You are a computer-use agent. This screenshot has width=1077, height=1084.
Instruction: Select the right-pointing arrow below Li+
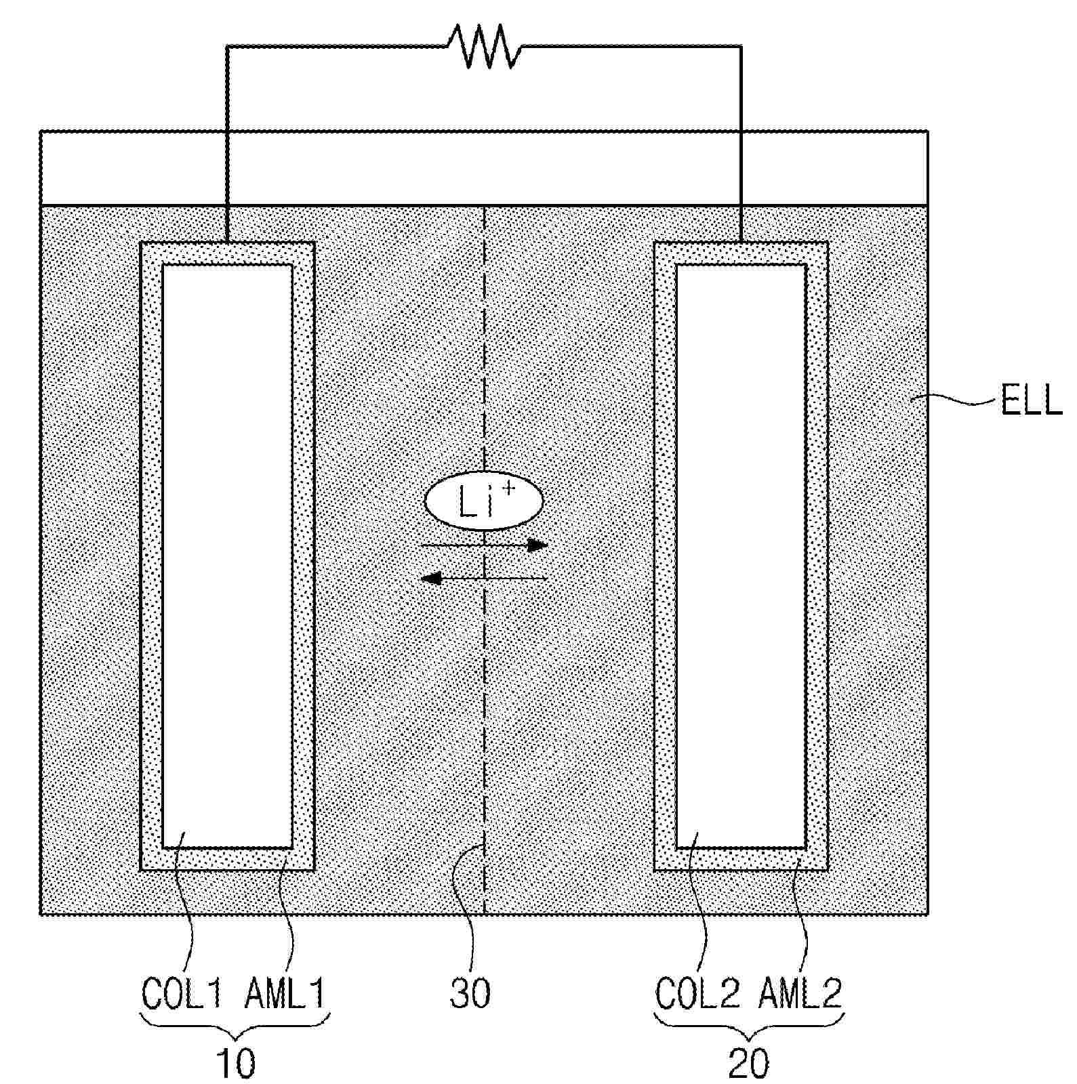[485, 545]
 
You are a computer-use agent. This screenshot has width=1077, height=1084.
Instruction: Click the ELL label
[1030, 401]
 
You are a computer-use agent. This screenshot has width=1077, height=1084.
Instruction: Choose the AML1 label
[285, 993]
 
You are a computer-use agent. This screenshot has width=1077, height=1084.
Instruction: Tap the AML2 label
[800, 993]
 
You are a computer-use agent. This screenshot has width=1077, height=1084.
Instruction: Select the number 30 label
[470, 993]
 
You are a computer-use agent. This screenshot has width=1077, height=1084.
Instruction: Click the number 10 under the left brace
[235, 1063]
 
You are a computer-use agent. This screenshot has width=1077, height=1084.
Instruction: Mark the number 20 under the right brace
[748, 1063]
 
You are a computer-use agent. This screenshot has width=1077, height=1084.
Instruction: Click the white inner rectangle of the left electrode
[227, 556]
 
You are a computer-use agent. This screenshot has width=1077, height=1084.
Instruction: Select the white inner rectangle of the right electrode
[741, 556]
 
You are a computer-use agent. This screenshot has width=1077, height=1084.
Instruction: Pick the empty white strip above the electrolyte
[483, 168]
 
